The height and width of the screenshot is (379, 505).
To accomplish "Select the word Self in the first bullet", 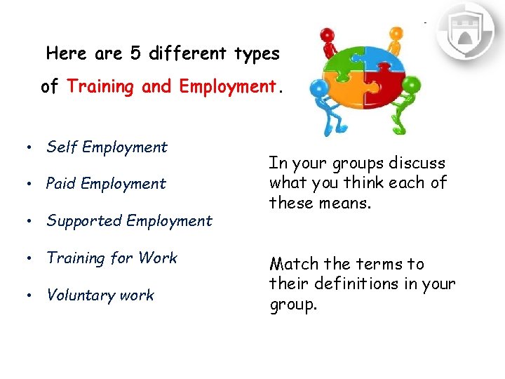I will pos(61,147).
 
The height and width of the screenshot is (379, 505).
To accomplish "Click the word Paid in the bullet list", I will pos(61,184).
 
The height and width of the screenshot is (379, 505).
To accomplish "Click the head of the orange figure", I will pos(396,33).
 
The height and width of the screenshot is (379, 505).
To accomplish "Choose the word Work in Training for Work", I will pos(158,258).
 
